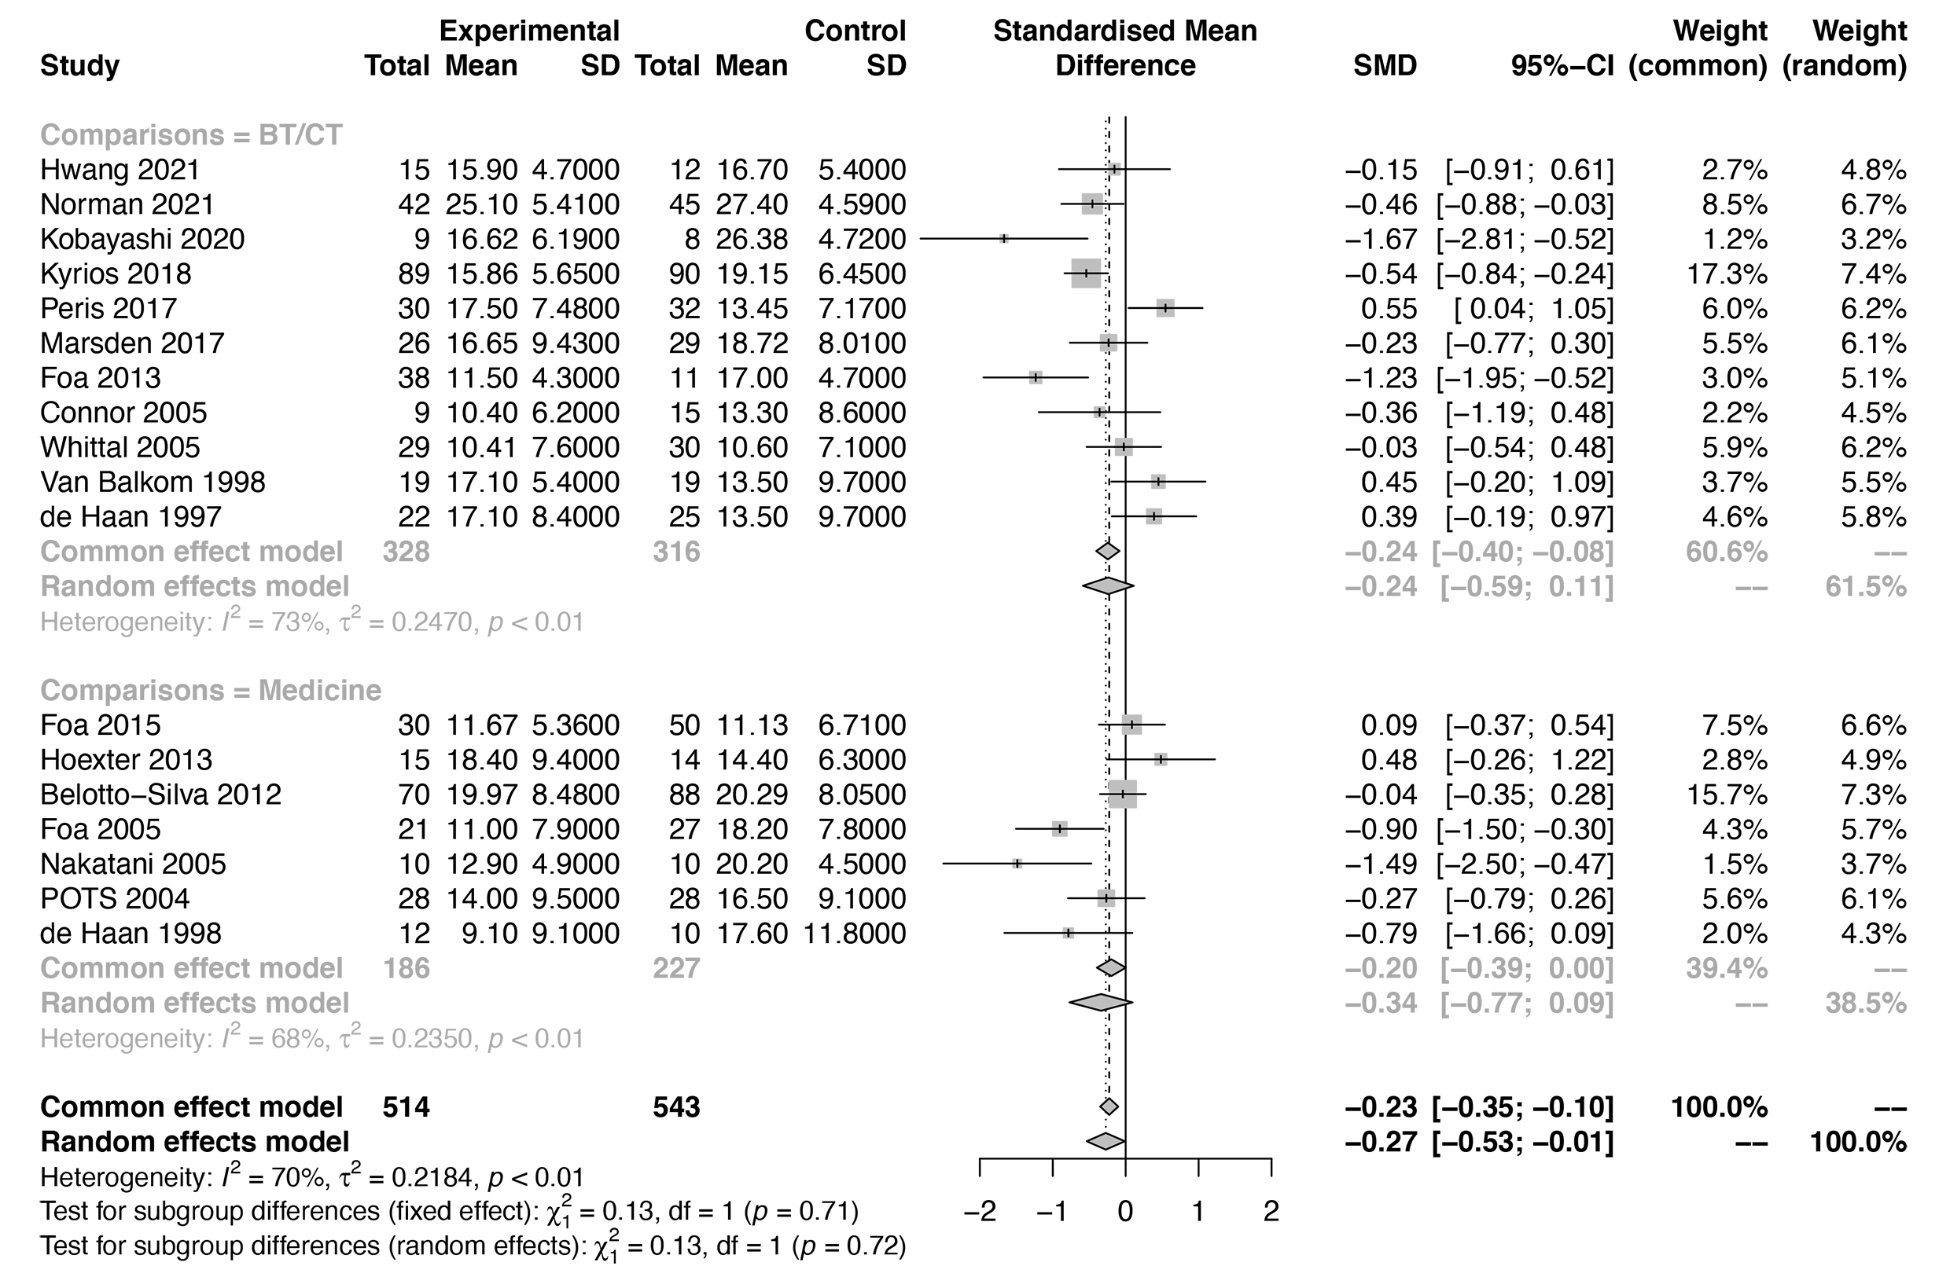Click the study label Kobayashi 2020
[x=142, y=239]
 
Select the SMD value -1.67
[x=1381, y=239]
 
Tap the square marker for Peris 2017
[x=1165, y=308]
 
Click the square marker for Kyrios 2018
[x=1087, y=273]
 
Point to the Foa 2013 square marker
[x=1036, y=378]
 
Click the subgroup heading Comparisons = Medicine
[x=211, y=691]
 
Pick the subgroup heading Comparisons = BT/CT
[x=191, y=135]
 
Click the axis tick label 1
[x=1198, y=1211]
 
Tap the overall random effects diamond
[x=1106, y=1141]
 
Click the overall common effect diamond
[x=1109, y=1106]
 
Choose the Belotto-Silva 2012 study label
[x=160, y=794]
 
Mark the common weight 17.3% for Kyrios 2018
[x=1727, y=273]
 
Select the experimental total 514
[x=406, y=1107]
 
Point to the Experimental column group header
[x=528, y=31]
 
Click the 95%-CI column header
[x=1562, y=65]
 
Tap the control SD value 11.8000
[x=855, y=933]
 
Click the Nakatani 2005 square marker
[x=1017, y=864]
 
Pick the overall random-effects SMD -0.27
[x=1381, y=1142]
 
